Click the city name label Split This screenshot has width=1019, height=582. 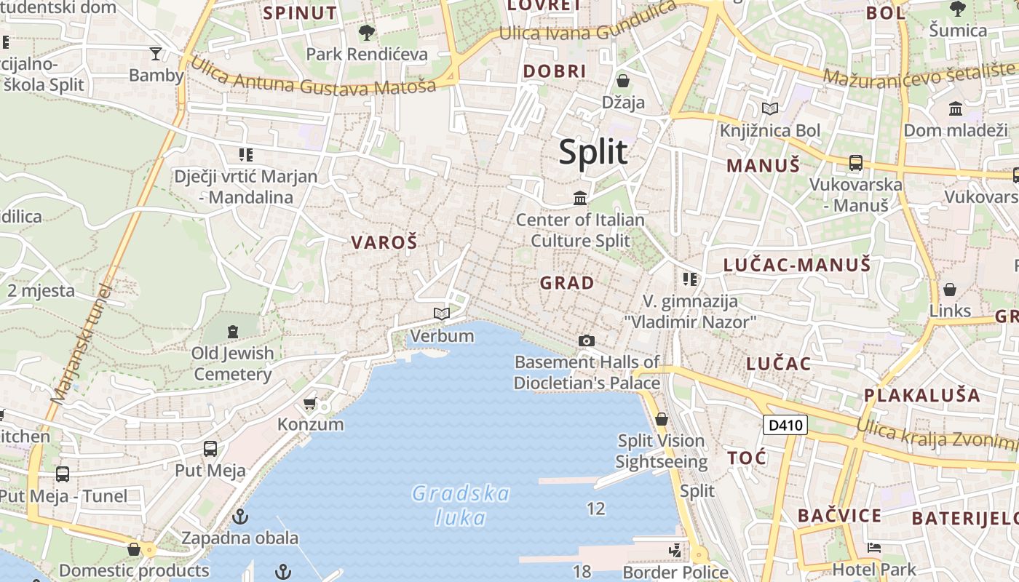tap(592, 152)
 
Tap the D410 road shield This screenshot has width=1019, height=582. tap(785, 425)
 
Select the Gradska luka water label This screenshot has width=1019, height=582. tap(461, 505)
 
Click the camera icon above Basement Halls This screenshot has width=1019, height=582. tap(586, 340)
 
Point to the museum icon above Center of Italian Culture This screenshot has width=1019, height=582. tap(580, 198)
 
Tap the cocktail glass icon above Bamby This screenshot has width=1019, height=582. tap(156, 53)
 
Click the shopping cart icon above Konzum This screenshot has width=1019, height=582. tap(310, 403)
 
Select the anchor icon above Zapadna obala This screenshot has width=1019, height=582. tap(239, 517)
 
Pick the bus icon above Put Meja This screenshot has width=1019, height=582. tap(210, 448)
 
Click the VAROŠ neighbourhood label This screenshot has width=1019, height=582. tap(384, 243)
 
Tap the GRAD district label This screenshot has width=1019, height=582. tap(567, 283)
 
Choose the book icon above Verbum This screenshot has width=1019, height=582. tap(441, 314)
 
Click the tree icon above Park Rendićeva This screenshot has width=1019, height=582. tap(367, 32)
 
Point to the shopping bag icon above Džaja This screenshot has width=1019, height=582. tap(623, 80)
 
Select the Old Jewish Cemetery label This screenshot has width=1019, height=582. tap(233, 364)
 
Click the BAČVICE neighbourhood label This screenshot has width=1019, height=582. tap(839, 517)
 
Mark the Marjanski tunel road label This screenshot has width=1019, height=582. tap(82, 346)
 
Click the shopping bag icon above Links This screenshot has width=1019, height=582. tap(950, 290)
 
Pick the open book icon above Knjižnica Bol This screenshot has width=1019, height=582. tap(770, 109)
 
